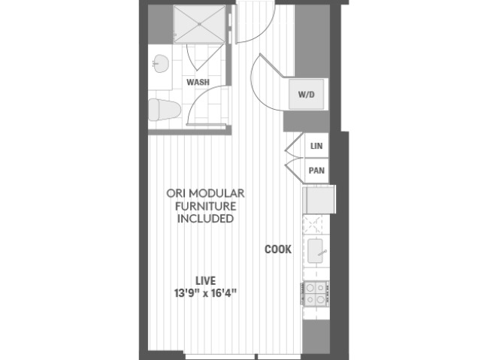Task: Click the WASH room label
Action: pyautogui.click(x=198, y=82)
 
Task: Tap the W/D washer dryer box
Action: pyautogui.click(x=307, y=94)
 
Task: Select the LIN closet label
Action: pyautogui.click(x=316, y=146)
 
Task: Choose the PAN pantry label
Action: pyautogui.click(x=316, y=171)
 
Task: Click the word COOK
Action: pyautogui.click(x=278, y=250)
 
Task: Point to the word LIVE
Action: pyautogui.click(x=205, y=280)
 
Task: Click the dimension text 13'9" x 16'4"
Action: pyautogui.click(x=205, y=293)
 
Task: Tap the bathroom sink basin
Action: pyautogui.click(x=161, y=64)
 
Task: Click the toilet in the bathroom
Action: pyautogui.click(x=165, y=110)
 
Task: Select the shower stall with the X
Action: pyautogui.click(x=199, y=23)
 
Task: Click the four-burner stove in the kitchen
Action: pyautogui.click(x=316, y=294)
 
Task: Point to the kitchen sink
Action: pyautogui.click(x=315, y=251)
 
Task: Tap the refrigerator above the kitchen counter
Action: pyautogui.click(x=319, y=200)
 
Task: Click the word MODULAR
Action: pyautogui.click(x=216, y=193)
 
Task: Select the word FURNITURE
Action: pyautogui.click(x=205, y=206)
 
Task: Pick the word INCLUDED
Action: pyautogui.click(x=205, y=219)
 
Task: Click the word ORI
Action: pyautogui.click(x=175, y=193)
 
